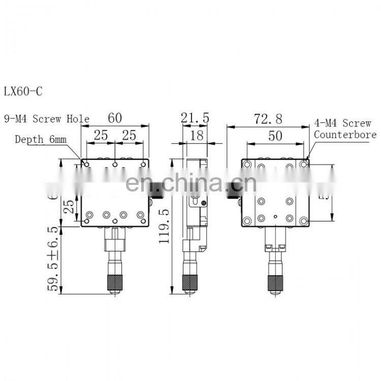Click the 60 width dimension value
tap(115, 118)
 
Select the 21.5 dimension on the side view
tap(195, 118)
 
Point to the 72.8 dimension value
tap(268, 119)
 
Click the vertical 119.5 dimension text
tap(164, 226)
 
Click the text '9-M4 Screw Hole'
tap(47, 119)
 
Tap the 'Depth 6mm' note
tap(41, 139)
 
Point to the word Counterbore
tap(345, 135)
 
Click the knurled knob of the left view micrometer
tap(115, 282)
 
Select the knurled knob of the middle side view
tap(190, 282)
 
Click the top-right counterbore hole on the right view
tap(303, 164)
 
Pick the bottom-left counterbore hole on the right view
tap(247, 220)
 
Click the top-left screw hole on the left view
tap(87, 164)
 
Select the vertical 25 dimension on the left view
tap(71, 206)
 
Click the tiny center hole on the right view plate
tap(275, 217)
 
